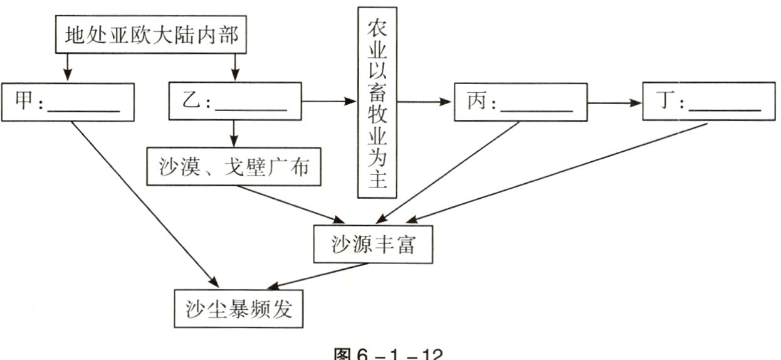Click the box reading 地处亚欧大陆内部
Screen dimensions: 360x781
pyautogui.click(x=151, y=36)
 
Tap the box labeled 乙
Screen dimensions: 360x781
pyautogui.click(x=235, y=102)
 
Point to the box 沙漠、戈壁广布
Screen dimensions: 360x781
pyautogui.click(x=234, y=167)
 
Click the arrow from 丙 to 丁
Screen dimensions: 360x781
pyautogui.click(x=616, y=101)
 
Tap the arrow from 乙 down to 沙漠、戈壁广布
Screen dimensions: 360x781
pyautogui.click(x=234, y=133)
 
